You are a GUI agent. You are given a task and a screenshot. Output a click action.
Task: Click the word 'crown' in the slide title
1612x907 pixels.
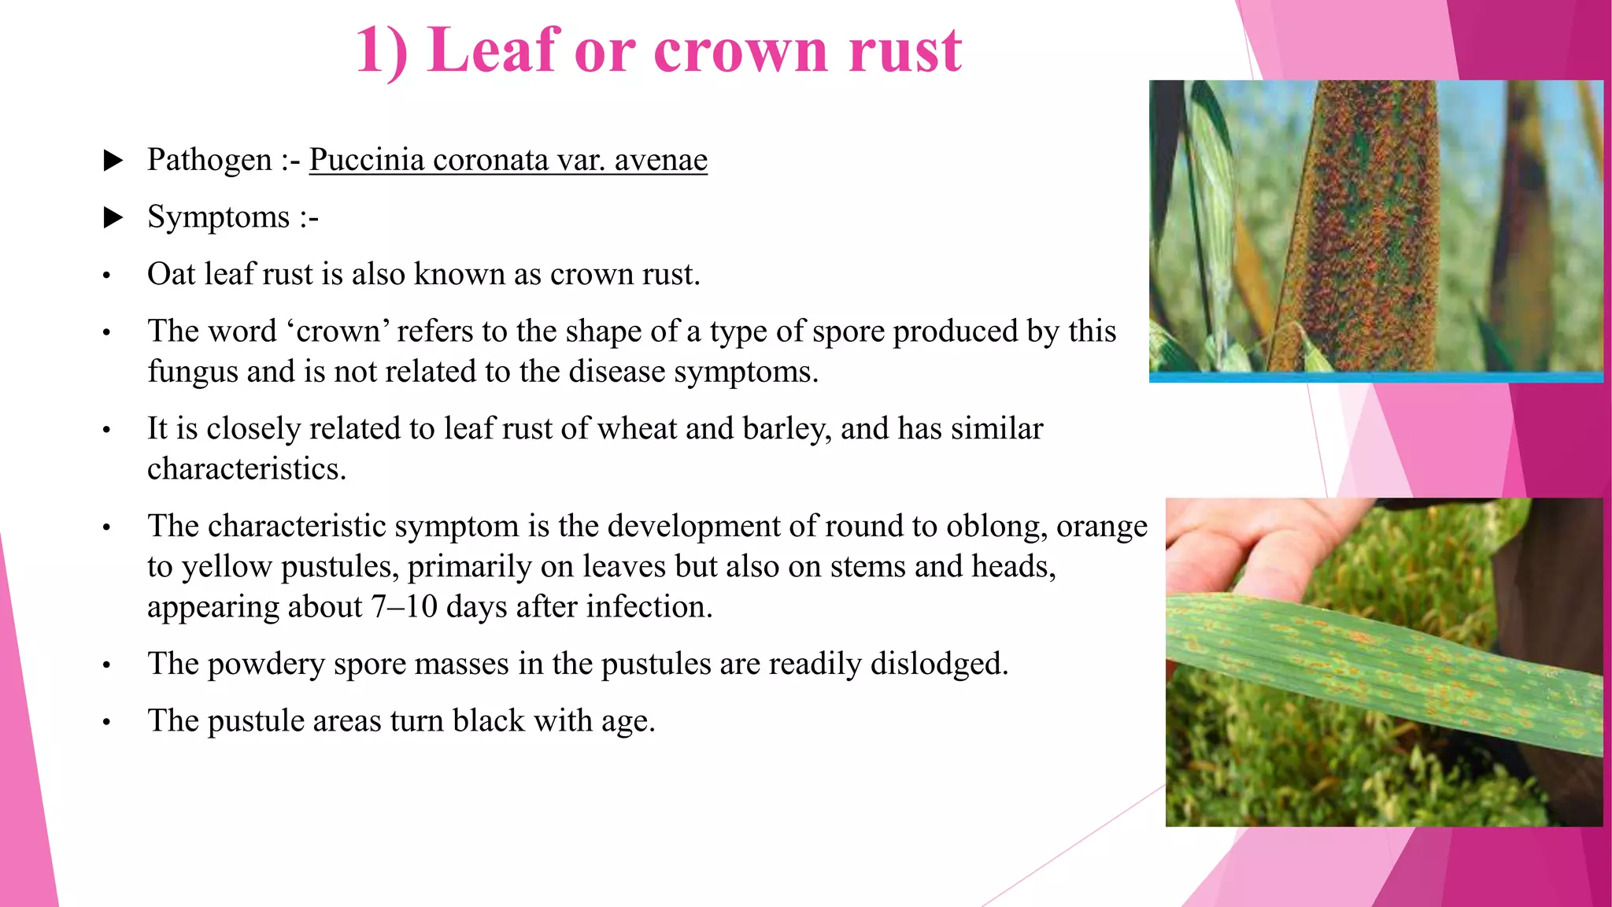[741, 52]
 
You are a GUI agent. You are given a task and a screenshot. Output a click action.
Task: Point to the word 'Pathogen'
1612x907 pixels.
[209, 160]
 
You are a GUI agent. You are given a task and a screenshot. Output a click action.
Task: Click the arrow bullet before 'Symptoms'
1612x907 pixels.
[114, 217]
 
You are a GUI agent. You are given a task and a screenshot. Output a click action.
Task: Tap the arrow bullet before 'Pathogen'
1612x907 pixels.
[114, 161]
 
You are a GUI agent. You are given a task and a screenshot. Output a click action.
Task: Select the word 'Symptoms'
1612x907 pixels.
[218, 217]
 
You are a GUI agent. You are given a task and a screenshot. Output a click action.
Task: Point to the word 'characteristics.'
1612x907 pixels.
[246, 469]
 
